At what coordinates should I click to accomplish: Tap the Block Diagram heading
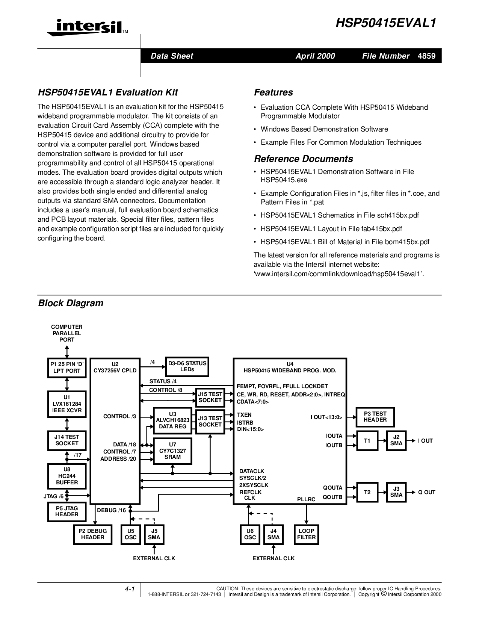pyautogui.click(x=71, y=303)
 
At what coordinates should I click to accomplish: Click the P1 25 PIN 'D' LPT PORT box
pyautogui.click(x=67, y=367)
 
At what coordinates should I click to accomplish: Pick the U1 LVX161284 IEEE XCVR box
pyautogui.click(x=67, y=404)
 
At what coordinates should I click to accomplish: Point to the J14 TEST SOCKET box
pyautogui.click(x=67, y=440)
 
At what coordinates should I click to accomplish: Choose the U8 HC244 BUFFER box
pyautogui.click(x=67, y=476)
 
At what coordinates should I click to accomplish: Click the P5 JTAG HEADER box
pyautogui.click(x=67, y=511)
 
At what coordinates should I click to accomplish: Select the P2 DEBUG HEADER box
pyautogui.click(x=93, y=534)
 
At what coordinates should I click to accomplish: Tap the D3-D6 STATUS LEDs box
pyautogui.click(x=187, y=366)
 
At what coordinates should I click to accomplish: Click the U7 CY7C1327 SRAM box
pyautogui.click(x=172, y=451)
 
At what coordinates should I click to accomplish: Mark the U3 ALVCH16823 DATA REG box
pyautogui.click(x=172, y=420)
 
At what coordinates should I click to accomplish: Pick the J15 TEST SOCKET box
pyautogui.click(x=210, y=397)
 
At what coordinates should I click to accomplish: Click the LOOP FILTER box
pyautogui.click(x=306, y=534)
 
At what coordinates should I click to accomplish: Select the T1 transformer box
pyautogui.click(x=367, y=441)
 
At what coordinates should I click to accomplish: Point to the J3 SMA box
pyautogui.click(x=396, y=492)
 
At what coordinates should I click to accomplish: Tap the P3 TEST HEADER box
pyautogui.click(x=375, y=417)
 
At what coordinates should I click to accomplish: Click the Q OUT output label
pyautogui.click(x=427, y=492)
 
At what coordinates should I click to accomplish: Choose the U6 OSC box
pyautogui.click(x=250, y=534)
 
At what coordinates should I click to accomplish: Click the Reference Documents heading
pyautogui.click(x=304, y=159)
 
